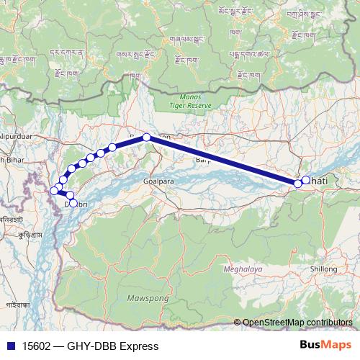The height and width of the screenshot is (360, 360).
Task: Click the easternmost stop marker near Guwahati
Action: click(x=305, y=180)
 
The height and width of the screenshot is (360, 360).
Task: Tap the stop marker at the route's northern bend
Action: click(x=146, y=137)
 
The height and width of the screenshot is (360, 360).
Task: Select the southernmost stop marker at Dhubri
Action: click(x=73, y=204)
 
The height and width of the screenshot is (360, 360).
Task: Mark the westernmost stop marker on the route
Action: click(x=53, y=191)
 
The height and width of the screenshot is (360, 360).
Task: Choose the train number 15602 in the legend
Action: click(x=37, y=346)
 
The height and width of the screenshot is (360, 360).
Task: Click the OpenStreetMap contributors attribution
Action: click(x=297, y=322)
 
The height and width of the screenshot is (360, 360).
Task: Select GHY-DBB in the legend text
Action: click(x=93, y=346)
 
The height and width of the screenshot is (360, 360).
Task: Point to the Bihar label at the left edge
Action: click(x=8, y=159)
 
